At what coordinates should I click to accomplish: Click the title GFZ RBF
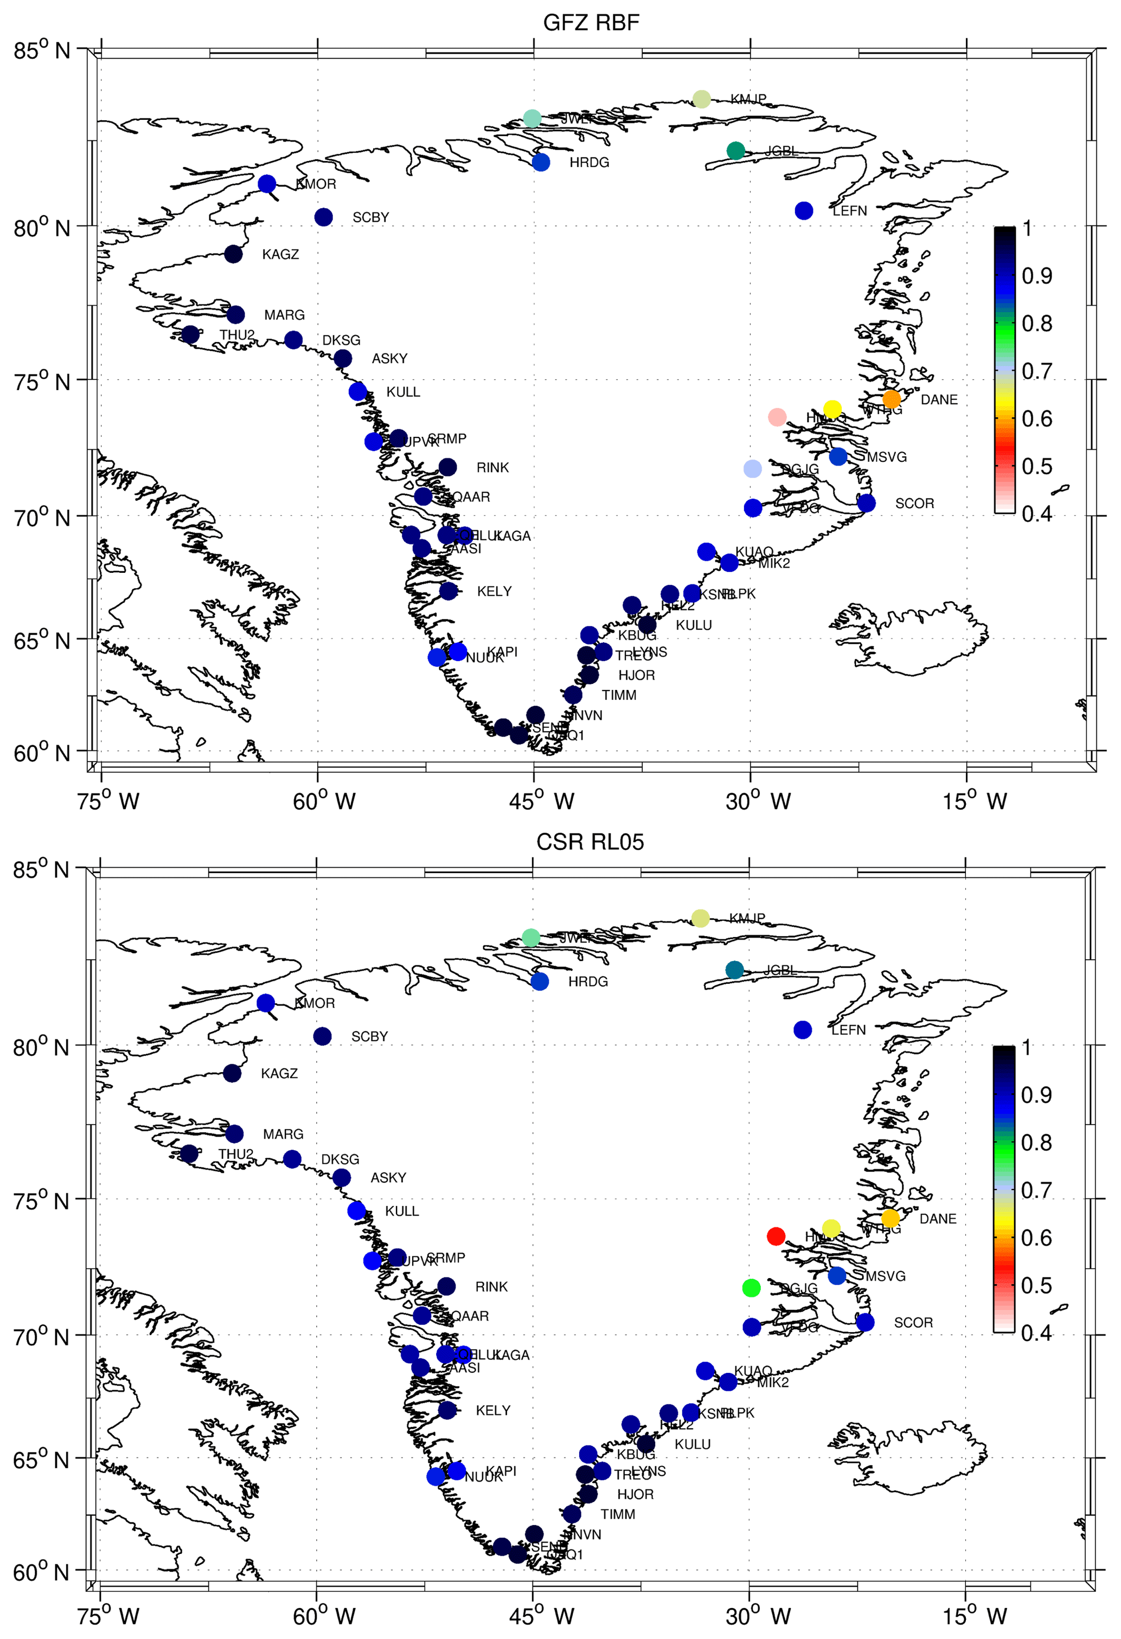tap(591, 23)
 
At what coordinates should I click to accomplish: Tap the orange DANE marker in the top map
tap(891, 399)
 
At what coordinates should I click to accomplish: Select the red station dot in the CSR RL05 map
tap(776, 1236)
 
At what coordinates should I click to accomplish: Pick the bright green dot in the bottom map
tap(751, 1288)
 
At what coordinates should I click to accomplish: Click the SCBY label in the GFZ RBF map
tap(370, 217)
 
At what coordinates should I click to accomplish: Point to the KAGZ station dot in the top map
tap(234, 254)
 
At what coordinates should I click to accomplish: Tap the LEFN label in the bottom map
tap(848, 1030)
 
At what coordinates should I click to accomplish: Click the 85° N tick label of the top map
tap(42, 51)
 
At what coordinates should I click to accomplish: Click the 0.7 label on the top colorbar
tap(1036, 370)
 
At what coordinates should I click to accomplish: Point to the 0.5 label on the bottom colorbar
tap(1036, 1285)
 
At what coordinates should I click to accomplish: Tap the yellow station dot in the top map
tap(832, 409)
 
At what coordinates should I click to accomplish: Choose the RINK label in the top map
tap(492, 468)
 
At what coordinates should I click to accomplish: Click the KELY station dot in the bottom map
tap(447, 1410)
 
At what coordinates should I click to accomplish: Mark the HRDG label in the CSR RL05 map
tap(588, 981)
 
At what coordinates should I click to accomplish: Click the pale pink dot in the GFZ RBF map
tap(777, 417)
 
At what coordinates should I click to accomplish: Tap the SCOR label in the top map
tap(914, 504)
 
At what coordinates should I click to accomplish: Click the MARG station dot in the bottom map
tap(234, 1133)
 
